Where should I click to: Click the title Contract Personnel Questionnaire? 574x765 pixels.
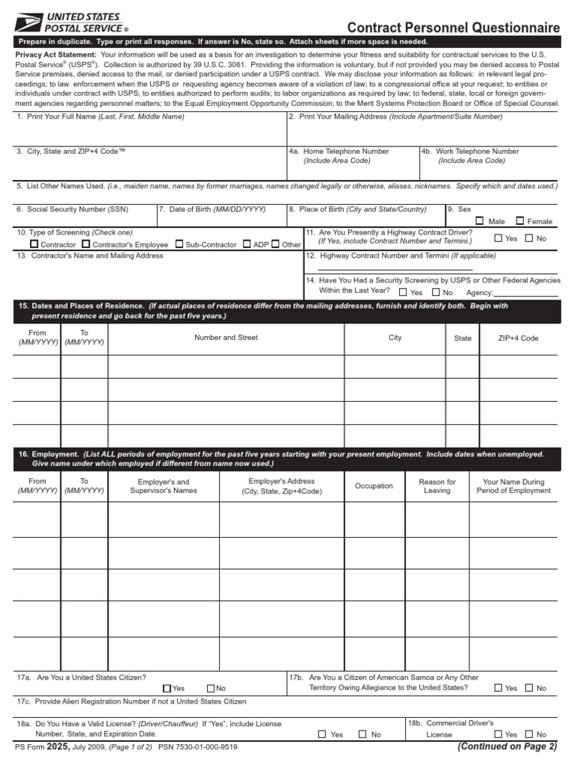click(453, 28)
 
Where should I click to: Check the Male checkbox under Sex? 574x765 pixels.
click(480, 221)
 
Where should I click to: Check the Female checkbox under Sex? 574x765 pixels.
click(520, 221)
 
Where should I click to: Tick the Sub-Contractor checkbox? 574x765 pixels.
click(179, 244)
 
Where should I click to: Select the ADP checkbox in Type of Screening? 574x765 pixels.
click(247, 244)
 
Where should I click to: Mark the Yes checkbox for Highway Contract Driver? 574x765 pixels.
click(499, 238)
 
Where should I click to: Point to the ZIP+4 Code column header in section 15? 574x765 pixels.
click(518, 338)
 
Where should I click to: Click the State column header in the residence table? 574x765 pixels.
click(463, 338)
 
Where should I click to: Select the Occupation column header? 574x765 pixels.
click(374, 486)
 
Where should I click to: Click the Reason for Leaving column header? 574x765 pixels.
click(437, 486)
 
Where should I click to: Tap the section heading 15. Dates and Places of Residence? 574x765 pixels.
click(81, 306)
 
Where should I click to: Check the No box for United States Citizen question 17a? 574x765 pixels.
click(211, 688)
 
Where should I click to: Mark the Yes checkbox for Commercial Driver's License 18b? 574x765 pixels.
click(499, 734)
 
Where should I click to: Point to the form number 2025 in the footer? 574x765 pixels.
click(58, 746)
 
